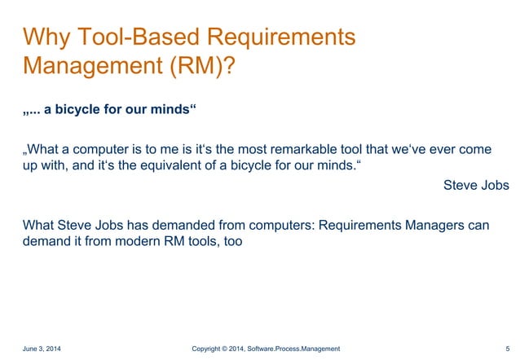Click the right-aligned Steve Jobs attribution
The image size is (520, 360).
pos(476,185)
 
